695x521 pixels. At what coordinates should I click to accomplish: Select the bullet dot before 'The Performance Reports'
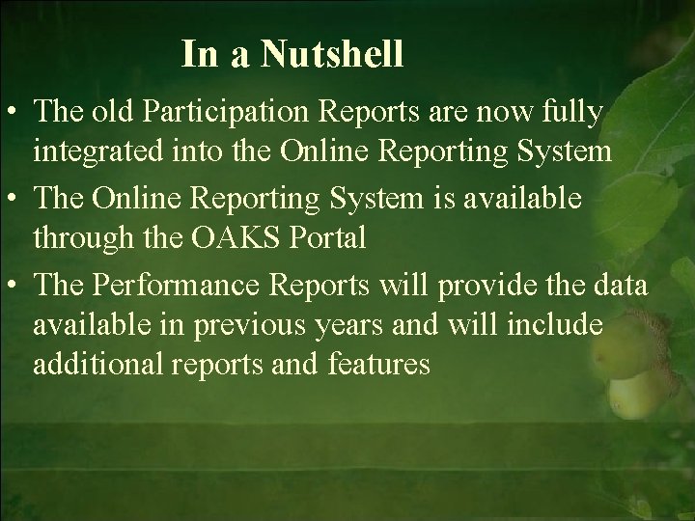(14, 289)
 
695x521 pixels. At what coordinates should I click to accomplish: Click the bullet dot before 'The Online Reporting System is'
(14, 201)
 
